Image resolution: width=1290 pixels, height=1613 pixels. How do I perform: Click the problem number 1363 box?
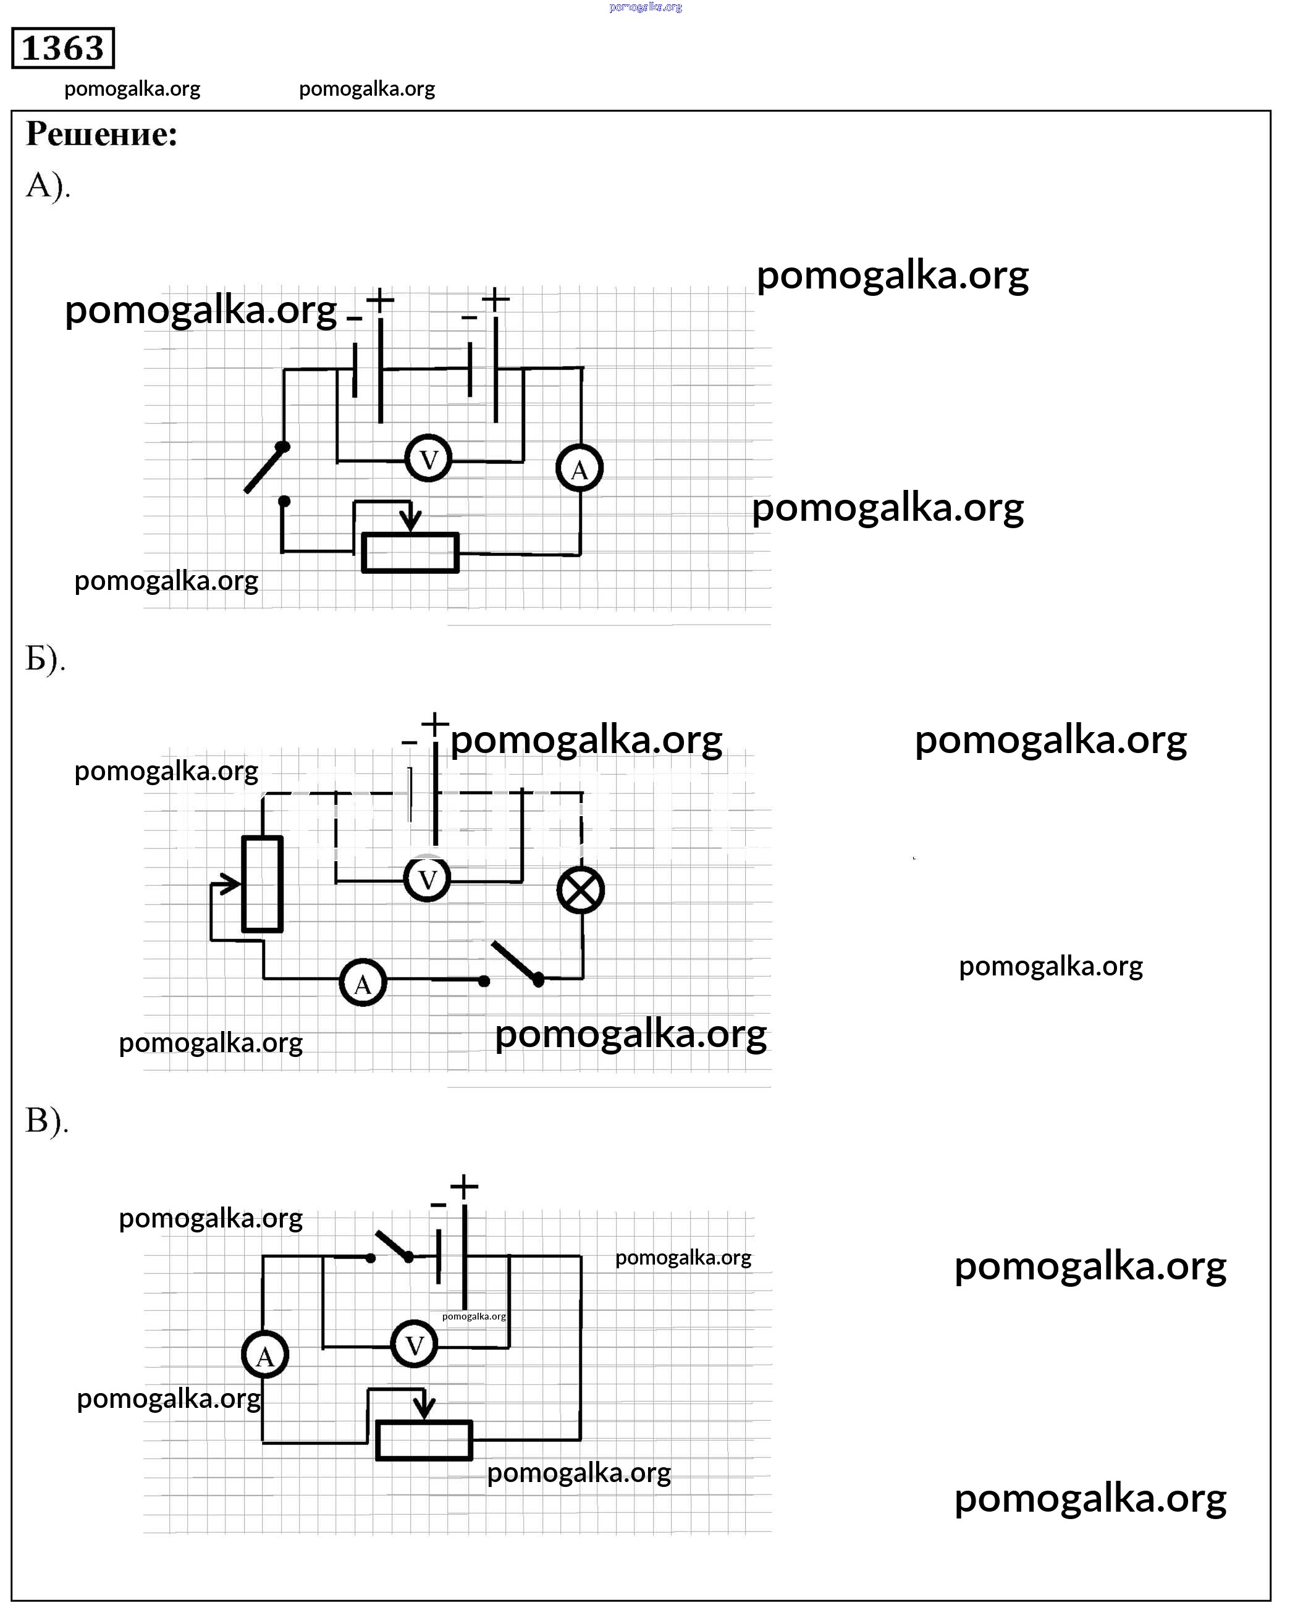(x=63, y=49)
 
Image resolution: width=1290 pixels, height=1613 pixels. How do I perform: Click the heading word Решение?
(x=102, y=135)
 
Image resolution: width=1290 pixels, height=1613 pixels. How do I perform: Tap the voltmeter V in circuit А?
(x=428, y=458)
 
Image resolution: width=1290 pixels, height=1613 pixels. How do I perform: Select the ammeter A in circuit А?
(x=579, y=469)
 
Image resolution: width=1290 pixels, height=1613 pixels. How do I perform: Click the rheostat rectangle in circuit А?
(x=410, y=553)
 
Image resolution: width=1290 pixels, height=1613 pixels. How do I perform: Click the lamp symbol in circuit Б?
(x=581, y=890)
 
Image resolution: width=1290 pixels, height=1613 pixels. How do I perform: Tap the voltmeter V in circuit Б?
(x=428, y=879)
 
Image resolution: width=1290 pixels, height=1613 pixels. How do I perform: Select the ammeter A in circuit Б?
(x=363, y=983)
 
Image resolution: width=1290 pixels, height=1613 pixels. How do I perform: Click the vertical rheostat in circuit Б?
(x=263, y=883)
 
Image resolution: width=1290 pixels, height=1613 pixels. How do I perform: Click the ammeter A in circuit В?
(x=266, y=1355)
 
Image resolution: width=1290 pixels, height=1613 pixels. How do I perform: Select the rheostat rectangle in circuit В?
(x=424, y=1440)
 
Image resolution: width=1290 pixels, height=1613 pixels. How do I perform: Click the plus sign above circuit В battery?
(x=464, y=1187)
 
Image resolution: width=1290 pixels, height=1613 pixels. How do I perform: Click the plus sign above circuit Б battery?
(x=435, y=724)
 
